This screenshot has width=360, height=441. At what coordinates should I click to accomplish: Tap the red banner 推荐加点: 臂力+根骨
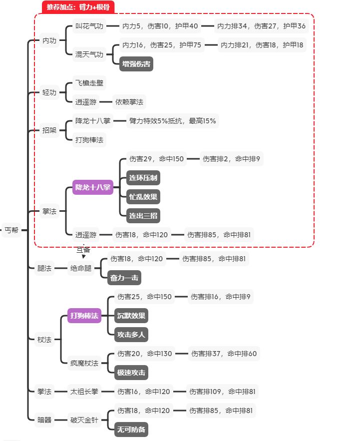78,7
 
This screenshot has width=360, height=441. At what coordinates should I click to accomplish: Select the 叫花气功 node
89,26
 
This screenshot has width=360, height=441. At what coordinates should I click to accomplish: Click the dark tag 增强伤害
136,64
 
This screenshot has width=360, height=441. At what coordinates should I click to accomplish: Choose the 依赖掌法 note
129,102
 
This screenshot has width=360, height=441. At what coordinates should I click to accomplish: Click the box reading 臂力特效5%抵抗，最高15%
173,121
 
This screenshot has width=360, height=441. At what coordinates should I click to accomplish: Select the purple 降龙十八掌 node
93,188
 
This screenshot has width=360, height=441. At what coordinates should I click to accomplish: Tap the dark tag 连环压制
143,178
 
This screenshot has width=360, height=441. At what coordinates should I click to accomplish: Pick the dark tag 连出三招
143,216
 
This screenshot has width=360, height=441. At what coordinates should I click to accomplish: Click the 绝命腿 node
81,268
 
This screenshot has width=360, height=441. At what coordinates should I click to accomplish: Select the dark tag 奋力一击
124,278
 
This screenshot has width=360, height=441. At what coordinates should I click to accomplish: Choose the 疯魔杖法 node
84,363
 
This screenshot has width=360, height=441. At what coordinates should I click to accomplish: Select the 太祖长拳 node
84,392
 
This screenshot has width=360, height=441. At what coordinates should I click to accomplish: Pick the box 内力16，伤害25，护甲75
161,45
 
